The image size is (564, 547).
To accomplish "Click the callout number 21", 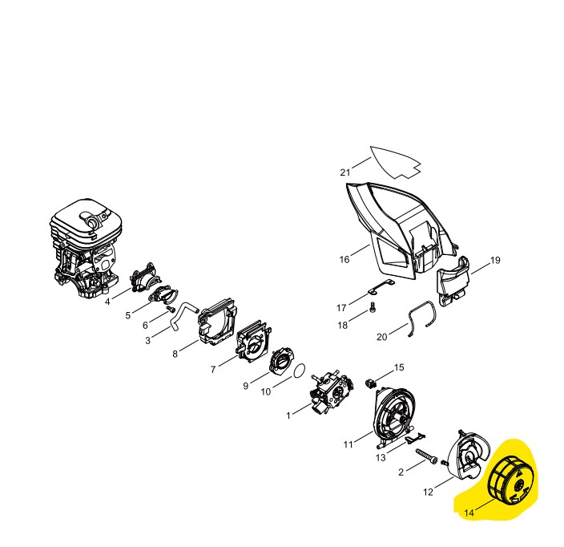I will [x=345, y=172].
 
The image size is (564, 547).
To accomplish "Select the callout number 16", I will [x=344, y=259].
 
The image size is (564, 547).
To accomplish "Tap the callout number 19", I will [x=495, y=261].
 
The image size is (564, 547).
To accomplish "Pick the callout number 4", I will [x=107, y=302].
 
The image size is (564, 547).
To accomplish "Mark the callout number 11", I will [x=348, y=444].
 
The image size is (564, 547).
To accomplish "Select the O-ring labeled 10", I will [x=298, y=371].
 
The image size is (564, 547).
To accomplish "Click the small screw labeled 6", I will [x=171, y=309].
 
